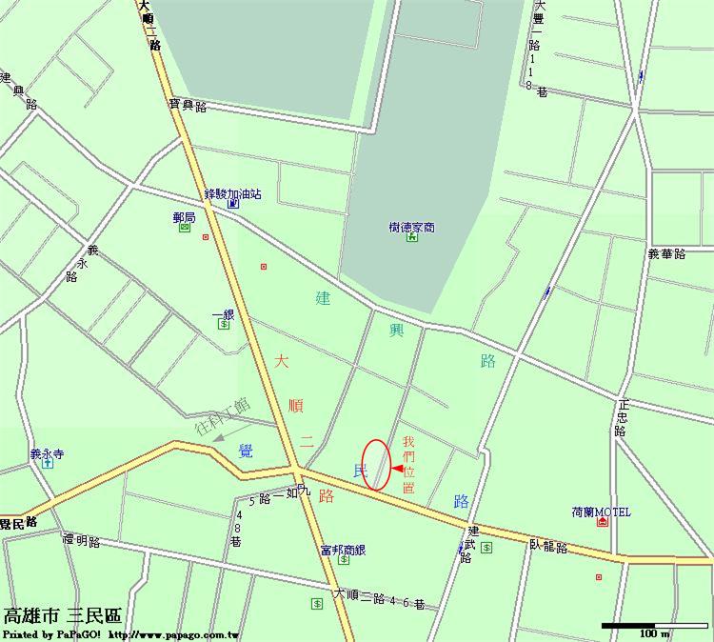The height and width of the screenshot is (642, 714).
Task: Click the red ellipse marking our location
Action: tap(377, 465)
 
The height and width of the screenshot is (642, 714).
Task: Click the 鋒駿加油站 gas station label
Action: tap(232, 193)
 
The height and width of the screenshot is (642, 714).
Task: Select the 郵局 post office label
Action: tap(184, 218)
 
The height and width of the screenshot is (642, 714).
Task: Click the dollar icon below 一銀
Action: tap(224, 325)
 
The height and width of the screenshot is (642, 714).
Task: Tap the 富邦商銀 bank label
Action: tap(343, 550)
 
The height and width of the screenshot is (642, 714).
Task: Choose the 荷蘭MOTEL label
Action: tap(601, 512)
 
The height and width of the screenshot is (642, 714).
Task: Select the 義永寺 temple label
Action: tap(47, 454)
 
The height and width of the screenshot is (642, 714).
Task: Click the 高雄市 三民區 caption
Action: tap(63, 616)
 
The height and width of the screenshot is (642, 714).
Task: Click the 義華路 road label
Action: tap(666, 254)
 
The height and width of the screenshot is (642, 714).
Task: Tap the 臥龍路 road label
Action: tap(548, 547)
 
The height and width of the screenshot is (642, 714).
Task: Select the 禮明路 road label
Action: tap(82, 541)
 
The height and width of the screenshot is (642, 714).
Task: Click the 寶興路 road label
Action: tap(188, 106)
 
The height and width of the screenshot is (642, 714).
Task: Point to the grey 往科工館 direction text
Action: tap(223, 416)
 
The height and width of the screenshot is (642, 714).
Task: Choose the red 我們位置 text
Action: tap(408, 464)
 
